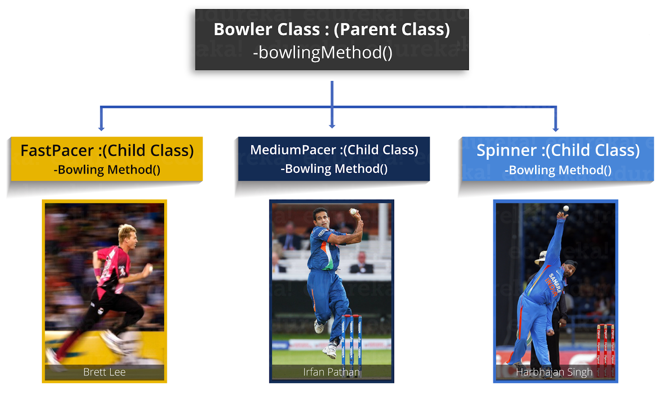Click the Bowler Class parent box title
[332, 29]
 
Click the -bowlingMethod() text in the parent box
[322, 52]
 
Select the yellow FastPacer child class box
[107, 159]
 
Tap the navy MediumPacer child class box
[334, 159]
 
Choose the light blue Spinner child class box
[558, 159]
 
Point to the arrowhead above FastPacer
[101, 129]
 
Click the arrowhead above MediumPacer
[332, 126]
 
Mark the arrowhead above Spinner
[556, 129]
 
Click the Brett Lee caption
[104, 372]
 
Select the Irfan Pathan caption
[332, 372]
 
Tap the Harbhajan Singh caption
[554, 372]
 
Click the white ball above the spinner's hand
[566, 208]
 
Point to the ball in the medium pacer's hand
[353, 212]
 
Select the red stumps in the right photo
[605, 350]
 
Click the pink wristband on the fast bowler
[97, 272]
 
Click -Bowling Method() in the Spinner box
[558, 170]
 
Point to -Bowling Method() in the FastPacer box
[107, 170]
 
